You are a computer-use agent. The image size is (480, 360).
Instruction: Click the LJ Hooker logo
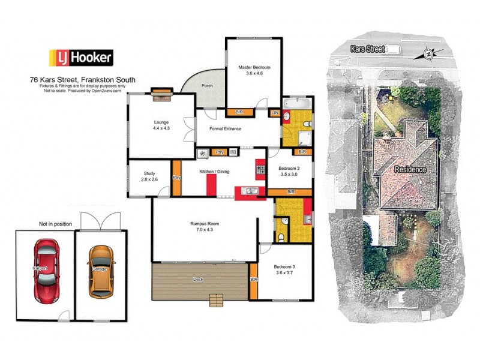(80, 58)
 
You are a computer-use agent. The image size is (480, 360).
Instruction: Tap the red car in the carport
(46, 270)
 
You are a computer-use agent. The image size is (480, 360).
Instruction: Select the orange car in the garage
(100, 271)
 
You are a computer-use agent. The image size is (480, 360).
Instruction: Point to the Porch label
(208, 86)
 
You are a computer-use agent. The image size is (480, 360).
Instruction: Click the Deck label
(198, 280)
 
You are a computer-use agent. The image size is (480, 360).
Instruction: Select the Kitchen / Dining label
(214, 172)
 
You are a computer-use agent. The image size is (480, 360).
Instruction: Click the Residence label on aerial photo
(410, 170)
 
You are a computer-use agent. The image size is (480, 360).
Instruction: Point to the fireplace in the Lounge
(162, 91)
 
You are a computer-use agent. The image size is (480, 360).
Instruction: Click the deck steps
(216, 301)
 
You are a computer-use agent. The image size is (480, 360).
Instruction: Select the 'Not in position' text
(55, 224)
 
